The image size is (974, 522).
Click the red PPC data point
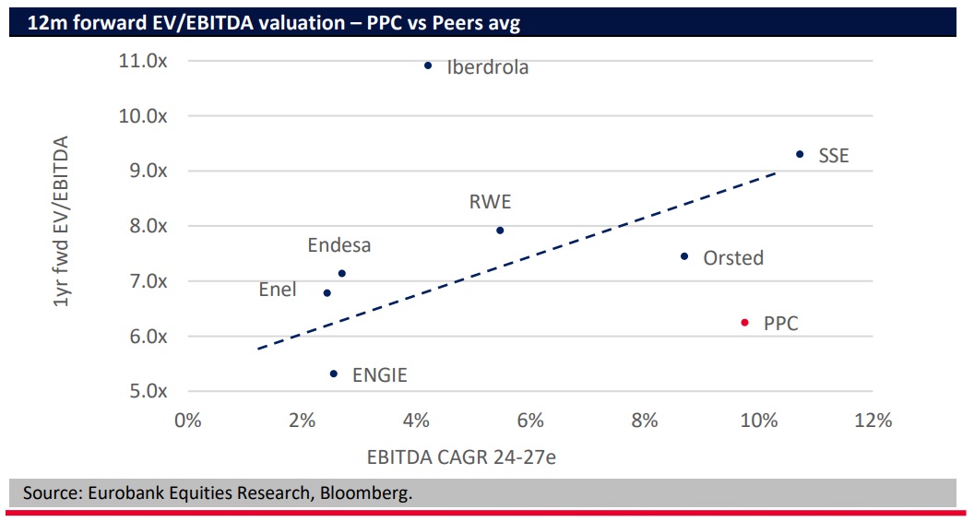[744, 323]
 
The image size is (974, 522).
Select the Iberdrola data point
[428, 65]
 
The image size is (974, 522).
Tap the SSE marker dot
[800, 154]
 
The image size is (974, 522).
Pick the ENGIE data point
[334, 374]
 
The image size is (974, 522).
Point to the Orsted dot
[684, 256]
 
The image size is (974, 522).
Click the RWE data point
[500, 230]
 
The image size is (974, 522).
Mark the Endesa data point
[342, 273]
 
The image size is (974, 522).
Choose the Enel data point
[327, 292]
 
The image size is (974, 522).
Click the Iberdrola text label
[488, 66]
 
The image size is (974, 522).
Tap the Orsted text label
[733, 258]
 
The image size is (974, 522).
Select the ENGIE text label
[379, 375]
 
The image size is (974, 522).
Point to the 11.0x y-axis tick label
[142, 61]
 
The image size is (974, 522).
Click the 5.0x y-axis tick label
[146, 391]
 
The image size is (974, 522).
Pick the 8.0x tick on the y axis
[146, 226]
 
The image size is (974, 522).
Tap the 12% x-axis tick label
[873, 421]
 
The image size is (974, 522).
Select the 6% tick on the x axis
[530, 421]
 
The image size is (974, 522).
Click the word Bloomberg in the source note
[365, 493]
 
